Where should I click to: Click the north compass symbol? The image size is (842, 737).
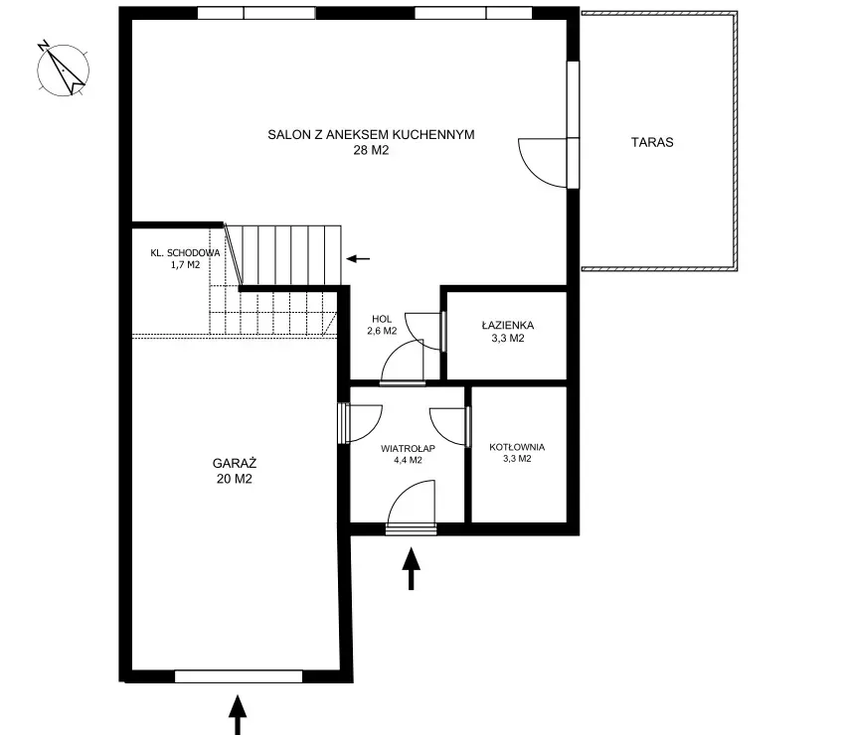point(63,69)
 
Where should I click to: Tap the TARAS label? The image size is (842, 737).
point(652,142)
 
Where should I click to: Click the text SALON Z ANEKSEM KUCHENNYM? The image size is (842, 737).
point(371,135)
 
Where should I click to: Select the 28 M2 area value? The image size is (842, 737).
point(371,150)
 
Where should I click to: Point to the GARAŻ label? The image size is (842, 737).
point(235,463)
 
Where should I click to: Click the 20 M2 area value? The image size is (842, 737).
point(235,479)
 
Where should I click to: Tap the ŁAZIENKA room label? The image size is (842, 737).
point(507,325)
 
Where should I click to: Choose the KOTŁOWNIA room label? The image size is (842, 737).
point(517,447)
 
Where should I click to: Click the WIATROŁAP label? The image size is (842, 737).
point(408,448)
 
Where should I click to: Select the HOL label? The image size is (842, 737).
point(382,319)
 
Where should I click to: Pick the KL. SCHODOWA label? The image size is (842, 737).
point(185,252)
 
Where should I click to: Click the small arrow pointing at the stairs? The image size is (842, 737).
point(358,259)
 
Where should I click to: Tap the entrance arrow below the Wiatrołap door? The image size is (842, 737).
point(412,568)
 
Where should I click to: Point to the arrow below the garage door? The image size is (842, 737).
point(238,714)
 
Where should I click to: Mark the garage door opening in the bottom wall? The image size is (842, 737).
point(239,676)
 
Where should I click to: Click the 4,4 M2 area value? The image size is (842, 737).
point(408,460)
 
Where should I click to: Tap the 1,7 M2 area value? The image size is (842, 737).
point(185,264)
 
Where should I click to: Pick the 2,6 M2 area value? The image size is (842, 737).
point(382,331)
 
